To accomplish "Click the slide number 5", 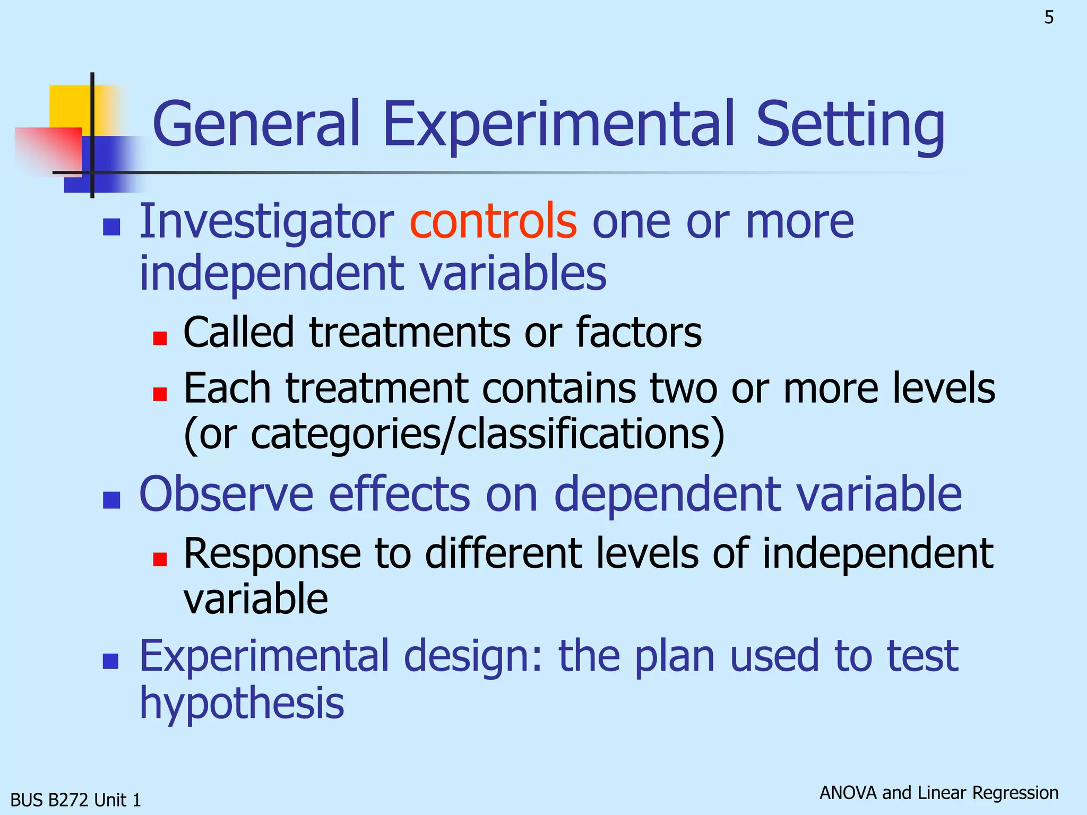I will pos(1049,18).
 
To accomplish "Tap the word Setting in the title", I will pos(850,125).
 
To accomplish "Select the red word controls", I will pos(493,221).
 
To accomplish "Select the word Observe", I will pos(226,495).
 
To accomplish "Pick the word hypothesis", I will pos(241,703).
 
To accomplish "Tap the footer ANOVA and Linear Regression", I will pos(939,793).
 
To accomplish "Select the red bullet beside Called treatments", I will pos(160,338).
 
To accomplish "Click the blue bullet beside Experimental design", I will pos(110,661).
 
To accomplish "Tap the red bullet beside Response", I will pos(160,559).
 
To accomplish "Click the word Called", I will pos(238,332).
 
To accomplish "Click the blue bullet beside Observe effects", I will pos(111,500).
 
